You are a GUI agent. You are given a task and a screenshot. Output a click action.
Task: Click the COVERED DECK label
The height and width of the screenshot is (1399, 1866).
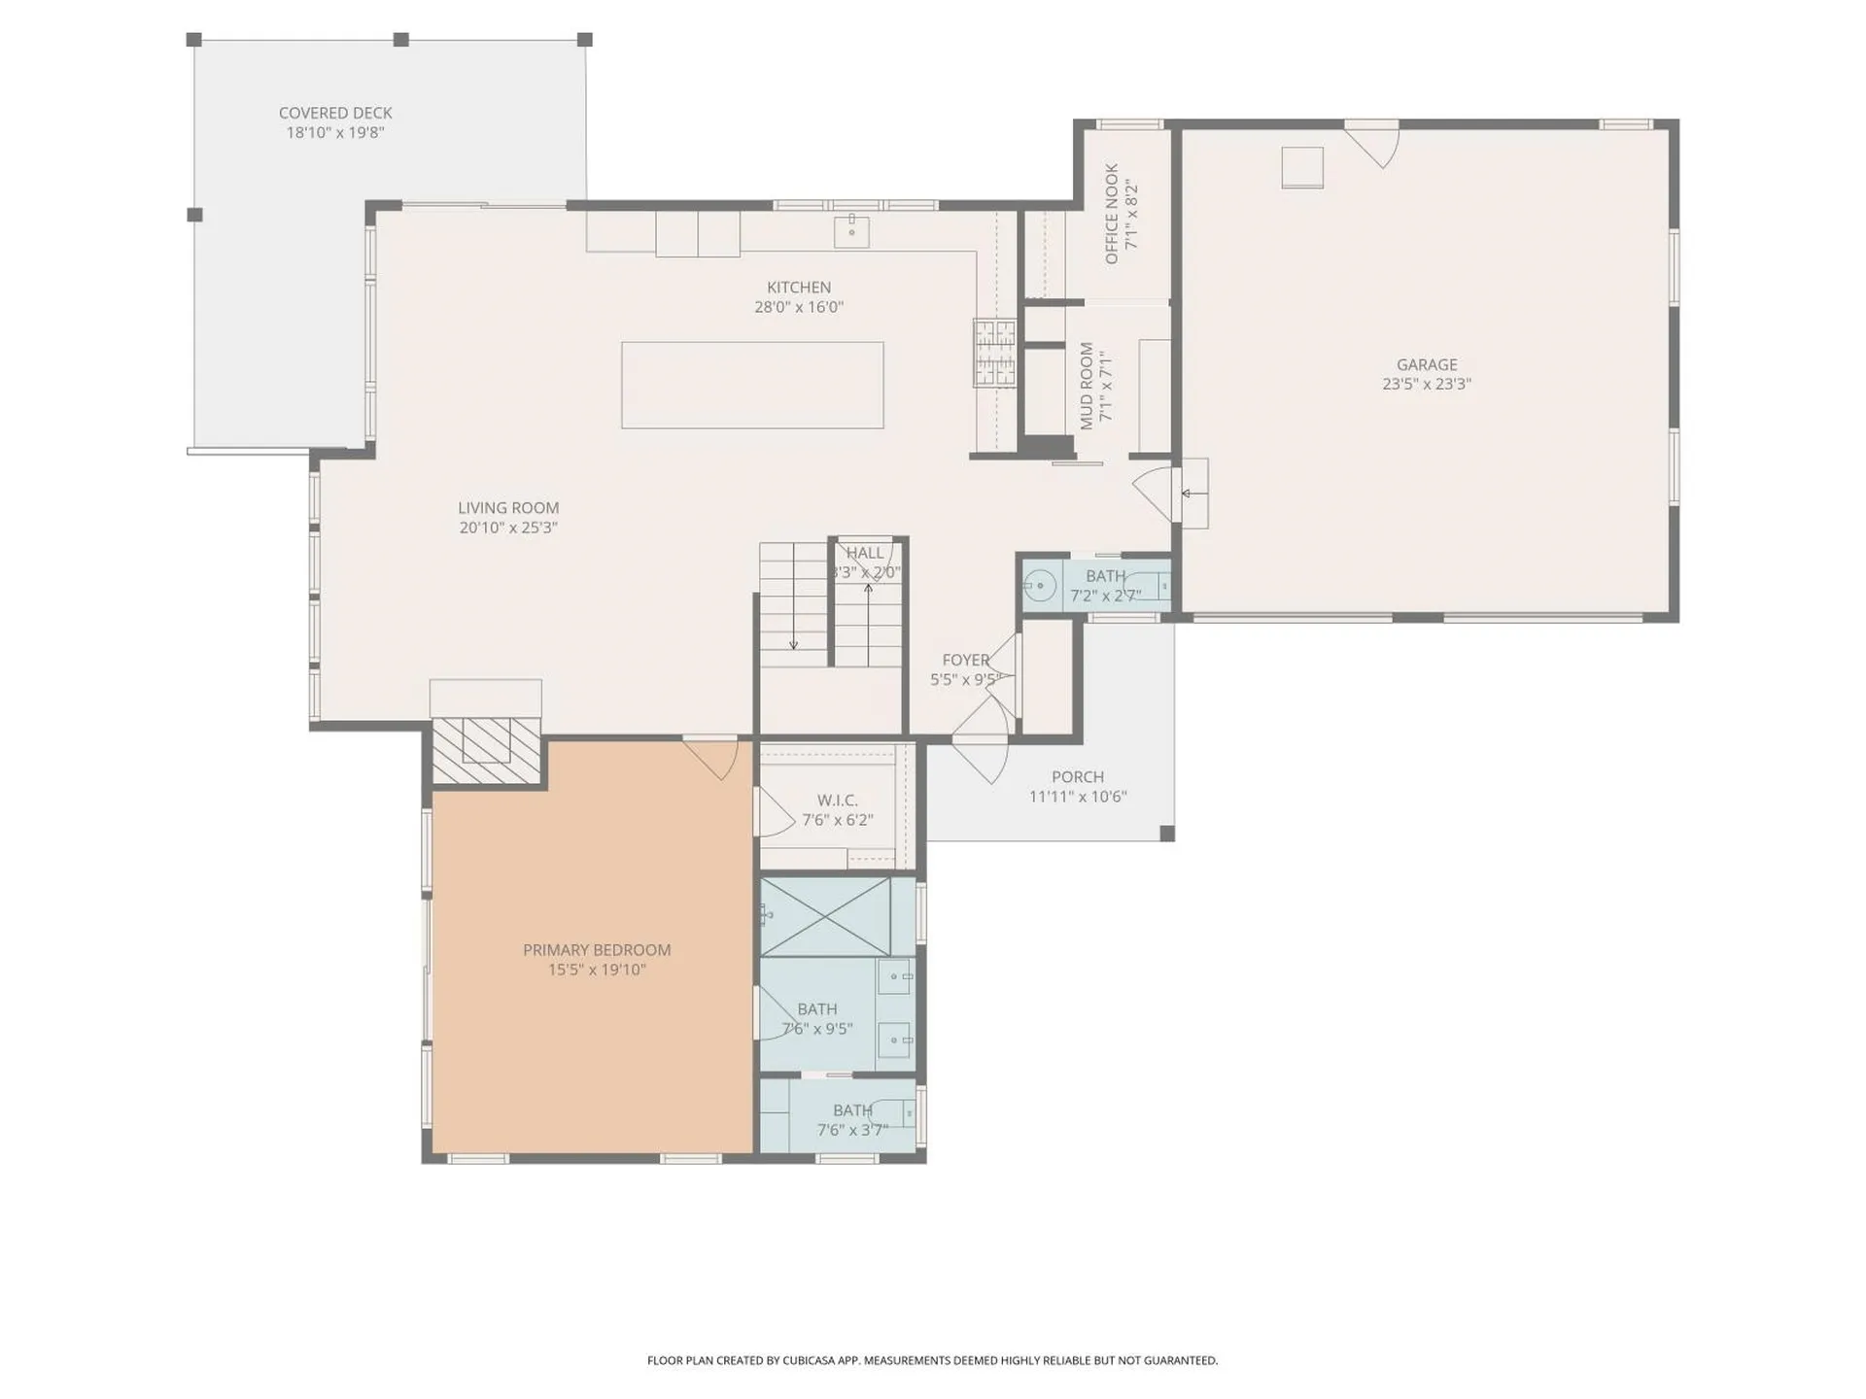click(x=335, y=113)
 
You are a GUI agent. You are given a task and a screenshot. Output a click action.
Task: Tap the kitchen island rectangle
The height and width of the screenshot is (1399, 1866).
click(x=752, y=385)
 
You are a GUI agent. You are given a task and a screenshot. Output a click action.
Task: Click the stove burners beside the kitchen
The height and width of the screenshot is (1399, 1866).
click(x=994, y=352)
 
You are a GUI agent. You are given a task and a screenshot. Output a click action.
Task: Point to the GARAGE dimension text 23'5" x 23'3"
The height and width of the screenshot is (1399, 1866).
click(x=1426, y=384)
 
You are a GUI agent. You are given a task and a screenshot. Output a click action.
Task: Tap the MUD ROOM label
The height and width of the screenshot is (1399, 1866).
click(x=1088, y=386)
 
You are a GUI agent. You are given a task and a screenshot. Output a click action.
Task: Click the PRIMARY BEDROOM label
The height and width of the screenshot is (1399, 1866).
click(x=597, y=949)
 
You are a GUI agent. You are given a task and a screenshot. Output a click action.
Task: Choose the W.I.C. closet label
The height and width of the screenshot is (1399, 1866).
click(x=837, y=801)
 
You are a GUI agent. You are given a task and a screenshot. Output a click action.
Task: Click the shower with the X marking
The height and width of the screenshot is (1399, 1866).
click(x=825, y=916)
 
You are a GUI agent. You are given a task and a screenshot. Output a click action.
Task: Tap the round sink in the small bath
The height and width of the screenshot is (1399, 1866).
click(x=1040, y=587)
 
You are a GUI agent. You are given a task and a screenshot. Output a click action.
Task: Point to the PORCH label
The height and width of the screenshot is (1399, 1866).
click(x=1078, y=777)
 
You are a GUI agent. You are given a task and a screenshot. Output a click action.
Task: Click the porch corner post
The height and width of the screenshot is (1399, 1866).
click(x=1167, y=834)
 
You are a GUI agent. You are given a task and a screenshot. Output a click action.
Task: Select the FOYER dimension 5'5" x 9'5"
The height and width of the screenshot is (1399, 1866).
click(x=965, y=680)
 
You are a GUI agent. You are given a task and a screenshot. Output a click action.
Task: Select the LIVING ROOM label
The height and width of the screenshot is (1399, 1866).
click(x=508, y=508)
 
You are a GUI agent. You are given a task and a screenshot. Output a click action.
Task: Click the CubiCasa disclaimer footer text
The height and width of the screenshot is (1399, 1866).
click(x=932, y=1360)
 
